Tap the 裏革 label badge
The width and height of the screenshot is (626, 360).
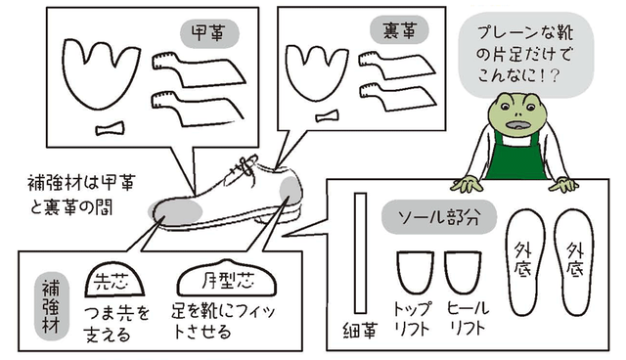(x=399, y=30)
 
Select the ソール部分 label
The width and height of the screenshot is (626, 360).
(x=439, y=217)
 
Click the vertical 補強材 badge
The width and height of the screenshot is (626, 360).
(x=51, y=306)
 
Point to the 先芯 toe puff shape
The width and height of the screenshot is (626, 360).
(x=114, y=280)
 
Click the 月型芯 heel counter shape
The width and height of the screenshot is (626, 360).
(x=228, y=279)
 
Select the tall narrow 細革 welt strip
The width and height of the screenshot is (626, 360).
(x=361, y=253)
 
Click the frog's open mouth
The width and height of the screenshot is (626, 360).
(x=517, y=125)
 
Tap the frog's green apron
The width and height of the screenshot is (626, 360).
(x=515, y=157)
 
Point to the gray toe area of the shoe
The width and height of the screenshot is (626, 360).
(x=175, y=211)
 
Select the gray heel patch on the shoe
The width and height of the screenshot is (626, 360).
(x=290, y=190)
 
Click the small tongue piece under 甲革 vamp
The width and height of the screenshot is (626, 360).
(x=110, y=128)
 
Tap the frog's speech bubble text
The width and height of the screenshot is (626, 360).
(x=525, y=54)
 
